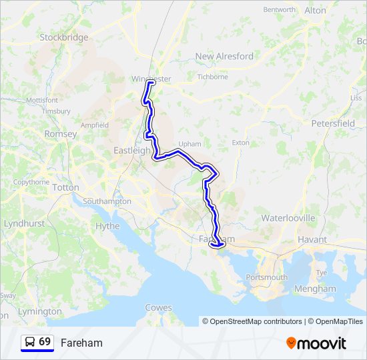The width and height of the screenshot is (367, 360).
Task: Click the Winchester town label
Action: click(151, 79)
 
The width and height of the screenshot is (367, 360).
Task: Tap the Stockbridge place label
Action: click(64, 37)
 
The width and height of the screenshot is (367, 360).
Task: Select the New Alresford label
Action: click(224, 57)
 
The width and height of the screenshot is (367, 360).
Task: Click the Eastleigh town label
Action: click(132, 151)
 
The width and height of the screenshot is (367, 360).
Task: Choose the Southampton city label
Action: click(107, 201)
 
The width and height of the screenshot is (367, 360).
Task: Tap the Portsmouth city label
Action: click(266, 277)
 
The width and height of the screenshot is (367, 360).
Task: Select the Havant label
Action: click(312, 239)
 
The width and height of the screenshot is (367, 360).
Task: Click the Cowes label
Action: click(158, 308)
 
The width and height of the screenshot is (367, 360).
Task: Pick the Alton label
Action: click(315, 11)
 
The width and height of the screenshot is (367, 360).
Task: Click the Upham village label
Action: click(190, 143)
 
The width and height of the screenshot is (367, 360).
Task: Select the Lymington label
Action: click(35, 312)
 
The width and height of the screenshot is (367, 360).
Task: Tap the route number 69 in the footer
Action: click(45, 341)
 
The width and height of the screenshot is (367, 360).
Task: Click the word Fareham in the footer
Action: click(81, 343)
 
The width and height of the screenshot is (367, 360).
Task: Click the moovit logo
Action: click(316, 343)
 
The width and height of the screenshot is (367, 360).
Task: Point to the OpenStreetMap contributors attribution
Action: click(252, 321)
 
